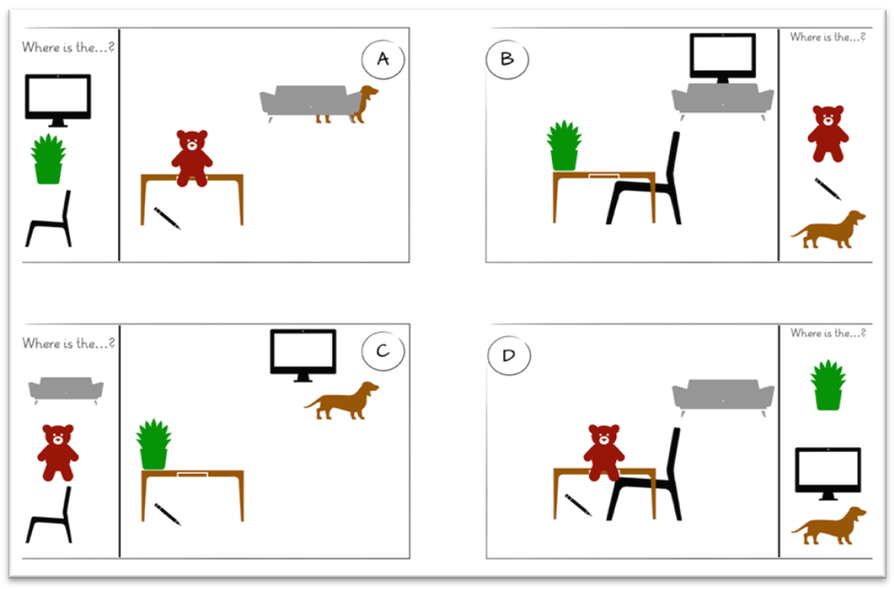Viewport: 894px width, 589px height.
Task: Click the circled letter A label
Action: point(383,60)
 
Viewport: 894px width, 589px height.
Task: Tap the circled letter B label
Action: point(508,60)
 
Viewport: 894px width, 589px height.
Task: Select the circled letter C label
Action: point(383,351)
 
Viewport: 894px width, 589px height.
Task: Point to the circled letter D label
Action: point(509,355)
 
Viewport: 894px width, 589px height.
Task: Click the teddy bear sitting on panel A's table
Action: point(192,158)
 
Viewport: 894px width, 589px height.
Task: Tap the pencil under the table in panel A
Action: point(167,218)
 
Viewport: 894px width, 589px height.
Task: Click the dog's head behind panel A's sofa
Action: point(369,92)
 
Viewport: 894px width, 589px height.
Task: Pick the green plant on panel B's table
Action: point(564,145)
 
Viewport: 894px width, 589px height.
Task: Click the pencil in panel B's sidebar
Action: point(828,189)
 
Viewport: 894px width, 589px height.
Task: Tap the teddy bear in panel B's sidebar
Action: point(828,134)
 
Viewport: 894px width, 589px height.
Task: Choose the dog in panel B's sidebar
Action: point(828,230)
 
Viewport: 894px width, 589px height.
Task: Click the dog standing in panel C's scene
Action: point(341,401)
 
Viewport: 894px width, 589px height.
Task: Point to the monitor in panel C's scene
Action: point(303,356)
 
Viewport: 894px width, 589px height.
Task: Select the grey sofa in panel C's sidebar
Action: point(66,390)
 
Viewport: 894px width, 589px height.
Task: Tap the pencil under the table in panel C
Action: point(168,514)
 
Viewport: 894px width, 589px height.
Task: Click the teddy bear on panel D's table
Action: point(604,453)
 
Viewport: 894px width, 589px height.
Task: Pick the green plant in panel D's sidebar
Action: point(828,385)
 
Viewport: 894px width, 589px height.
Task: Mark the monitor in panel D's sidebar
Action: point(828,474)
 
